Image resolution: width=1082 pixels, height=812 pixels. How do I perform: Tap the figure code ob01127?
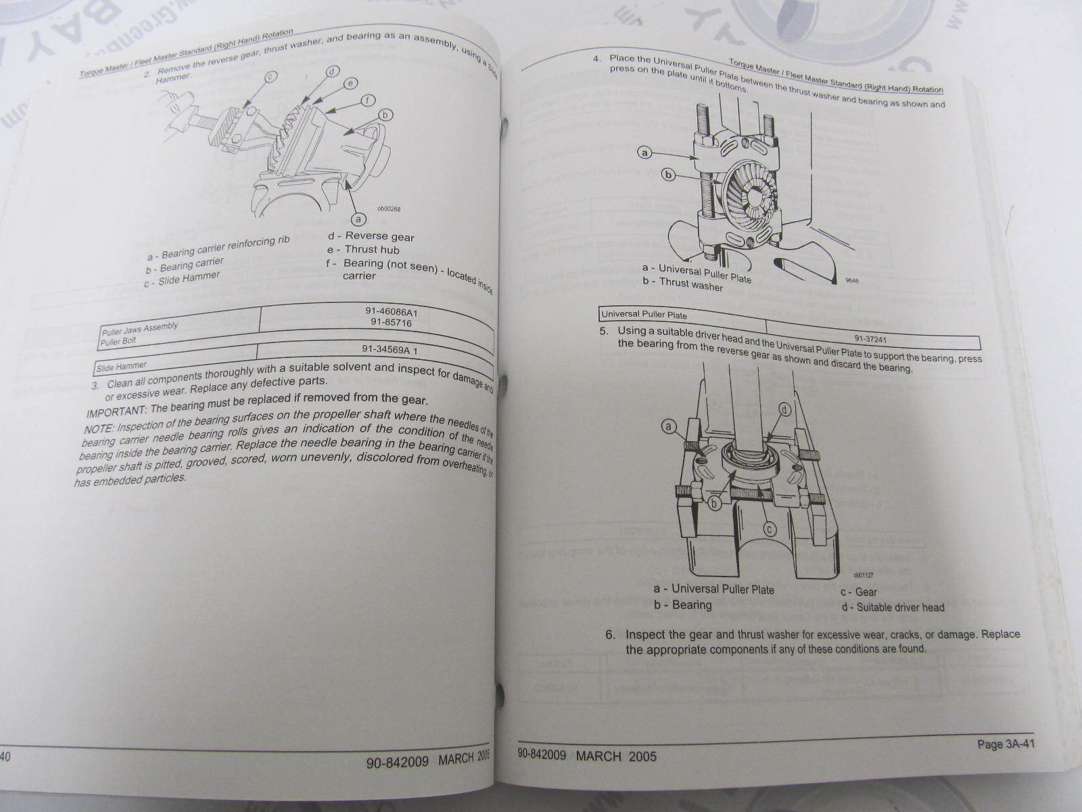pyautogui.click(x=864, y=575)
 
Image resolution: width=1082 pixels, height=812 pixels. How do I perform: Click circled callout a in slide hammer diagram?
pyautogui.click(x=358, y=219)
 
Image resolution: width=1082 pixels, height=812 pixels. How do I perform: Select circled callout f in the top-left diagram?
pyautogui.click(x=367, y=100)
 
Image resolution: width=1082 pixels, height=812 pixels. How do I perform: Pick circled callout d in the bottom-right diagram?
pyautogui.click(x=784, y=410)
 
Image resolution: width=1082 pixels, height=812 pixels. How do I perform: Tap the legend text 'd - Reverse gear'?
pyautogui.click(x=371, y=236)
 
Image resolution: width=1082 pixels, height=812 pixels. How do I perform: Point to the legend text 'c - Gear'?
pyautogui.click(x=858, y=592)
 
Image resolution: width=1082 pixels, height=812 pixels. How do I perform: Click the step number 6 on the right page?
pyautogui.click(x=610, y=635)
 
